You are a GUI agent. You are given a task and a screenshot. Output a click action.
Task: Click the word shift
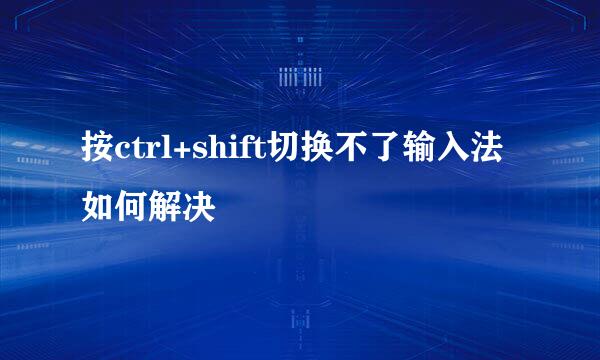click(220, 151)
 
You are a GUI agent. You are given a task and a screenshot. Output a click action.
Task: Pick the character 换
click(308, 151)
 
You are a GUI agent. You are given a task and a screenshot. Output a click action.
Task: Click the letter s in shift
click(193, 154)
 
